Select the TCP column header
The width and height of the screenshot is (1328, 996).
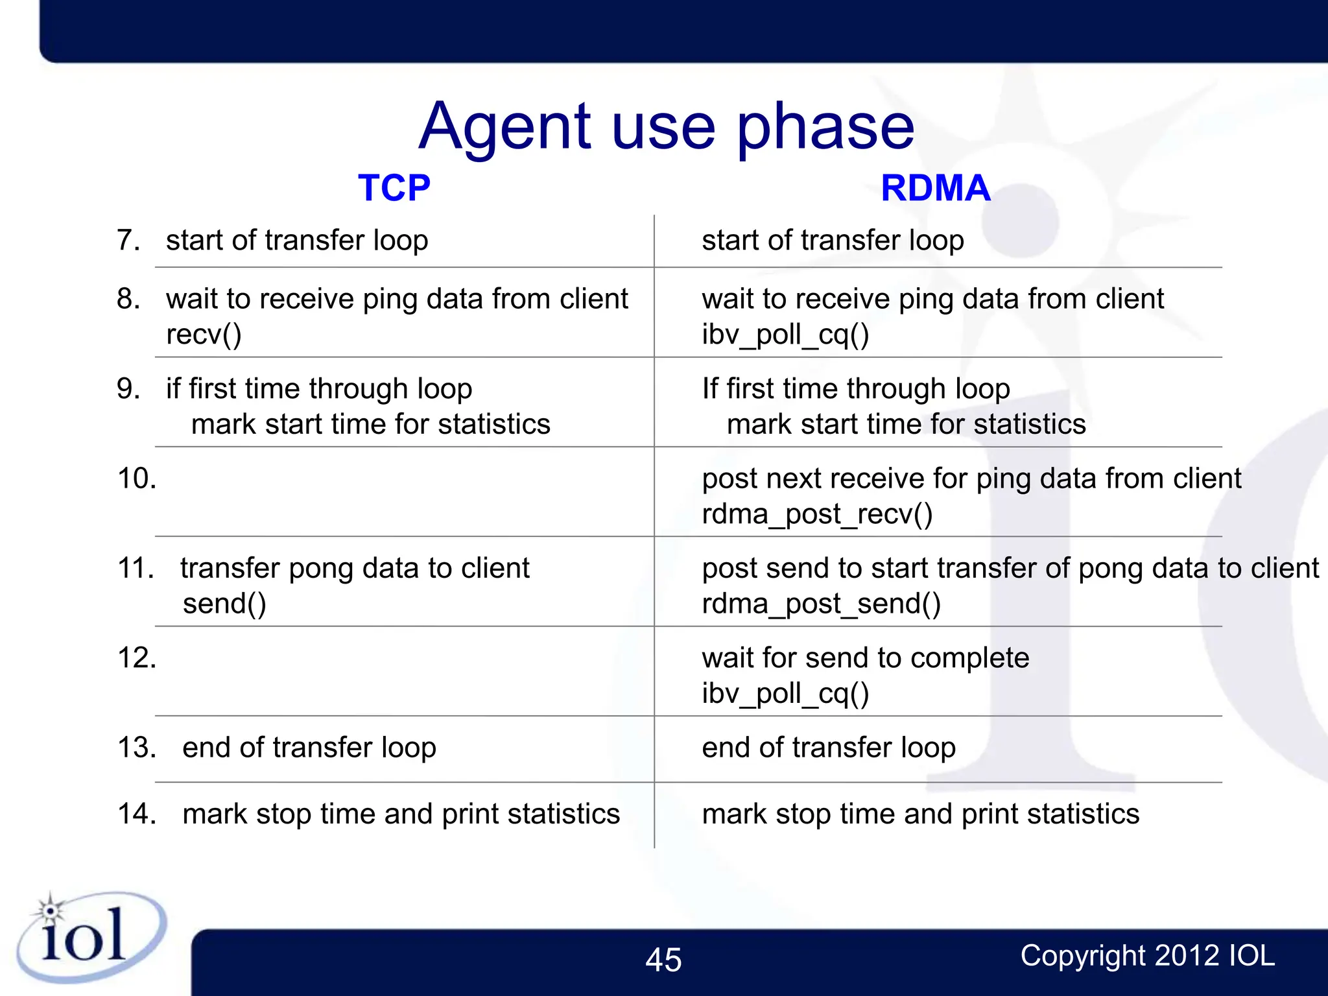(394, 188)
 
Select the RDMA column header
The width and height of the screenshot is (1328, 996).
(935, 188)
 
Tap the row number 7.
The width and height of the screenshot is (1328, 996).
(128, 241)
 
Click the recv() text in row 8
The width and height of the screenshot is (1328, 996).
(204, 335)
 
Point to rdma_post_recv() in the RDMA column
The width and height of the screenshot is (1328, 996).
(817, 514)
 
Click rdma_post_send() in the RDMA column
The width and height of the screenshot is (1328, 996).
(821, 604)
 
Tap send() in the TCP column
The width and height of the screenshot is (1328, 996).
(224, 604)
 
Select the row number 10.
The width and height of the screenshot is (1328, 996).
(137, 479)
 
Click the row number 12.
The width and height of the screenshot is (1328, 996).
(137, 658)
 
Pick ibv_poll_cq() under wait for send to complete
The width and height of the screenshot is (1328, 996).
(785, 694)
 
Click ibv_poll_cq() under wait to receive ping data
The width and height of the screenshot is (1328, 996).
(785, 335)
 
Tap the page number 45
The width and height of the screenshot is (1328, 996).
(663, 960)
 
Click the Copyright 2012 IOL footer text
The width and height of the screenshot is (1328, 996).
(1147, 956)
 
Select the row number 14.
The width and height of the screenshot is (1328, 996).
(137, 814)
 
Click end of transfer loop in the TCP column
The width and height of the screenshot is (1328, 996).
(309, 748)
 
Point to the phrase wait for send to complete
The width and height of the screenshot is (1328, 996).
(865, 658)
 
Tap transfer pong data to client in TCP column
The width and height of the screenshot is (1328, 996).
(355, 569)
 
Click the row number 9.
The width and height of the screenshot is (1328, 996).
(128, 389)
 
